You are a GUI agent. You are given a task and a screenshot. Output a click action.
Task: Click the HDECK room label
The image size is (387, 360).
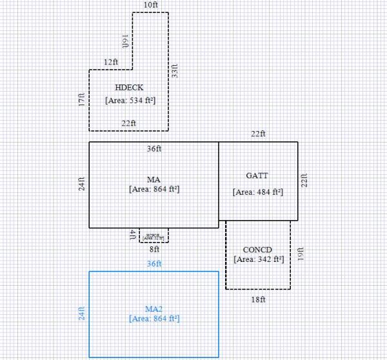coord(129,88)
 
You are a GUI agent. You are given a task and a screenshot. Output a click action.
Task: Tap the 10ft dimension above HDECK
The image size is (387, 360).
coord(150,5)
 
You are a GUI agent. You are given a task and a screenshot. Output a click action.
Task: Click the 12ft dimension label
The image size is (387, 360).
coord(110,62)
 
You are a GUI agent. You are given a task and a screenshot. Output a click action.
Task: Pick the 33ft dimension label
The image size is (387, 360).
coord(175,70)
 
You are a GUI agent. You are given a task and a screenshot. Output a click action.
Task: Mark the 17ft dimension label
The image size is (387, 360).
coord(82,100)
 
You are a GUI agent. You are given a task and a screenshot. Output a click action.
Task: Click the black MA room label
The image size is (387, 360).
coord(154,179)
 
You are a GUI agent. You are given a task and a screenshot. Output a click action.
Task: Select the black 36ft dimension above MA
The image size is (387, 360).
coord(154,148)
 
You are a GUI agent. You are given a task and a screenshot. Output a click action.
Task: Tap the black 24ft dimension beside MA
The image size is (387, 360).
coord(82,184)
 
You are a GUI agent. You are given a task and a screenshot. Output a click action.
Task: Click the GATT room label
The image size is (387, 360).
coord(257,175)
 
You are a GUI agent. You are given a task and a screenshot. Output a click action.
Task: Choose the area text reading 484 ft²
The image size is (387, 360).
coord(257,192)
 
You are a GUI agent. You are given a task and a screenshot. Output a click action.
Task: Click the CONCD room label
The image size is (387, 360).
coord(257,249)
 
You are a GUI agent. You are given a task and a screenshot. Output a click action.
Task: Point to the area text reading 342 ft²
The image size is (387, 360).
coord(258,259)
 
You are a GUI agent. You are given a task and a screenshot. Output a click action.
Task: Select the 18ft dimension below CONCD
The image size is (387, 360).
coord(258,299)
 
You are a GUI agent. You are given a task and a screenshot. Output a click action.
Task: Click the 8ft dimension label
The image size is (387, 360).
coord(154,249)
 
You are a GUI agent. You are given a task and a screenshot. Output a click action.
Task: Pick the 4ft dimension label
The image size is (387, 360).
coord(133,234)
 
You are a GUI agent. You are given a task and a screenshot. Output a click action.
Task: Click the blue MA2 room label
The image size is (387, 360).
coord(154,308)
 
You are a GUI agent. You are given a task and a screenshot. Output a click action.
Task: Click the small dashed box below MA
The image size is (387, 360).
coord(154,235)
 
